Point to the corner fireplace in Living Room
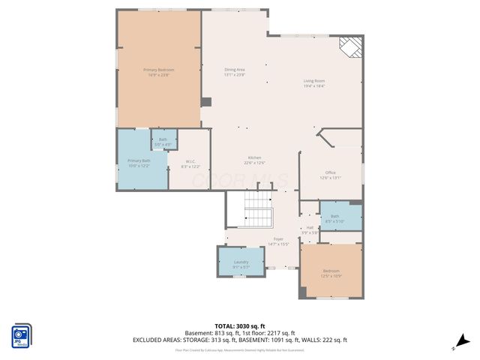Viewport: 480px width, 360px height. (349, 47)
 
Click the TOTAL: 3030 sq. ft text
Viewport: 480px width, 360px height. (239, 326)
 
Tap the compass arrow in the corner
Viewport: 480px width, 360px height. (463, 341)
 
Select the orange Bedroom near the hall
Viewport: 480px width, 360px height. (331, 272)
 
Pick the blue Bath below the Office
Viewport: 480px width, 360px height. (340, 216)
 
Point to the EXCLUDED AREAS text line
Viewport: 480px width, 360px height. (239, 340)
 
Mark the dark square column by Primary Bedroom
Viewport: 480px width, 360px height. (206, 101)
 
